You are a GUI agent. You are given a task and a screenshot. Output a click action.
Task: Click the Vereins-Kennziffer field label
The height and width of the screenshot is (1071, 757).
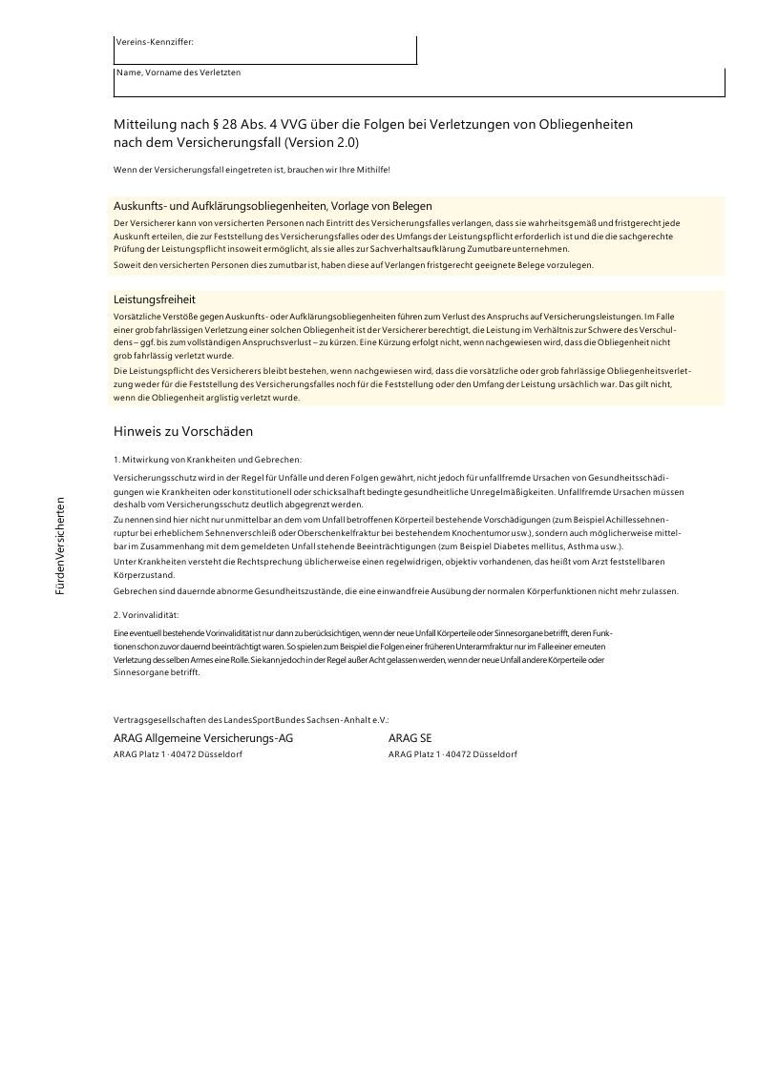coord(154,42)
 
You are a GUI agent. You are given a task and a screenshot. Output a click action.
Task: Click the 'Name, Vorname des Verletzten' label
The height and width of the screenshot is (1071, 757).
coord(179,72)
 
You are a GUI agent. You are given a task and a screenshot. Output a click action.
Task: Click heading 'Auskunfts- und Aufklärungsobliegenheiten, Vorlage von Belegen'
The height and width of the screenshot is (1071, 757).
coord(272,205)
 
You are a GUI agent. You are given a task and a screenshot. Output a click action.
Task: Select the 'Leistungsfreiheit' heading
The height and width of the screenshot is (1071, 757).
coord(154,299)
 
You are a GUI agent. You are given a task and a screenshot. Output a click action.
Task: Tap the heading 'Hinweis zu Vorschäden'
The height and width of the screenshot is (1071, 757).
coord(182,431)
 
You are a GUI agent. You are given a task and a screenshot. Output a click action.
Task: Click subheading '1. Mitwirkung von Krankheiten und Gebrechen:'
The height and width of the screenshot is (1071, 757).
coord(207,460)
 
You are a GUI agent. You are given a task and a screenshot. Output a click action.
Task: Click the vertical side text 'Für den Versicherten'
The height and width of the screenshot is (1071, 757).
coord(60,546)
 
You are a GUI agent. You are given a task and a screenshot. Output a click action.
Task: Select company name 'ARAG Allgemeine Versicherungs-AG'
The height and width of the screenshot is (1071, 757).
coord(202,738)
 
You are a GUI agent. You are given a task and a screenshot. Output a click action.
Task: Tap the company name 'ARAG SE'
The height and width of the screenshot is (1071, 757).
coord(410,738)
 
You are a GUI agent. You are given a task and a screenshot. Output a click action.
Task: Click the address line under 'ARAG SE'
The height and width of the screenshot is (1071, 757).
coord(452,754)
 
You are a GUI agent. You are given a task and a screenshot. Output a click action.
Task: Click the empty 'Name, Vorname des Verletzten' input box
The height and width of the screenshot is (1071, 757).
coord(420,86)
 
